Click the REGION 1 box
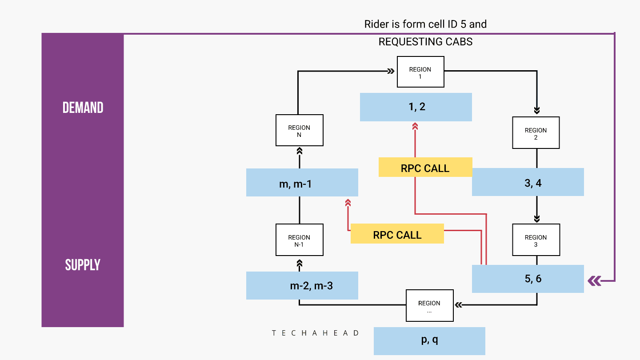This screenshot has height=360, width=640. [420, 72]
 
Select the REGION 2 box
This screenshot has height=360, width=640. [536, 133]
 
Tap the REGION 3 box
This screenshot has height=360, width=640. [536, 240]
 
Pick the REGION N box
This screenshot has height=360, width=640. [299, 130]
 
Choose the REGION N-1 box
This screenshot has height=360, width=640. [299, 240]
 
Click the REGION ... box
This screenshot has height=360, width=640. [429, 306]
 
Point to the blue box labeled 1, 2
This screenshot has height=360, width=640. [416, 107]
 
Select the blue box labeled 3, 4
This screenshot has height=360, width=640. [528, 182]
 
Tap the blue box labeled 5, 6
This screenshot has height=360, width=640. [528, 279]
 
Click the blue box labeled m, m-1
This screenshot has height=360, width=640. [302, 182]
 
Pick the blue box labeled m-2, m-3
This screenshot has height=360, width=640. [302, 285]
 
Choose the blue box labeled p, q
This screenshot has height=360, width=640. [429, 341]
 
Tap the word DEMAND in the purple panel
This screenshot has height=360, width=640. [83, 108]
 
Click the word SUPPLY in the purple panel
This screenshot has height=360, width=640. [83, 265]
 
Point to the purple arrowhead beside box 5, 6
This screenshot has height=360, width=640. [594, 280]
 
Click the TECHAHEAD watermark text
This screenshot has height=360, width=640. [316, 333]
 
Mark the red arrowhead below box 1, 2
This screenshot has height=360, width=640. [415, 127]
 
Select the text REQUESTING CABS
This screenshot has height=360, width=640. [425, 42]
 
